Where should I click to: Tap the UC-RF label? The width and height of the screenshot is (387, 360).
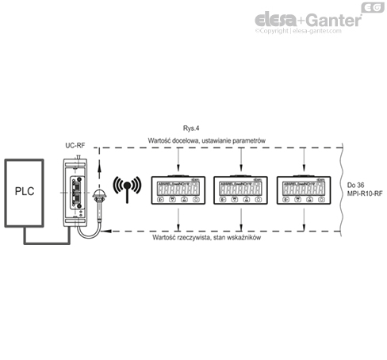point(75,147)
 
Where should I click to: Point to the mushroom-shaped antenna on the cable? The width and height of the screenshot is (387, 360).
point(100,196)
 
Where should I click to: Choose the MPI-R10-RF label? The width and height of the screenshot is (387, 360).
point(363,194)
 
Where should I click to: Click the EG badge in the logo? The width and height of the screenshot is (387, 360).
point(371,8)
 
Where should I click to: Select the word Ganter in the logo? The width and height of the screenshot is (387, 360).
point(333,18)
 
